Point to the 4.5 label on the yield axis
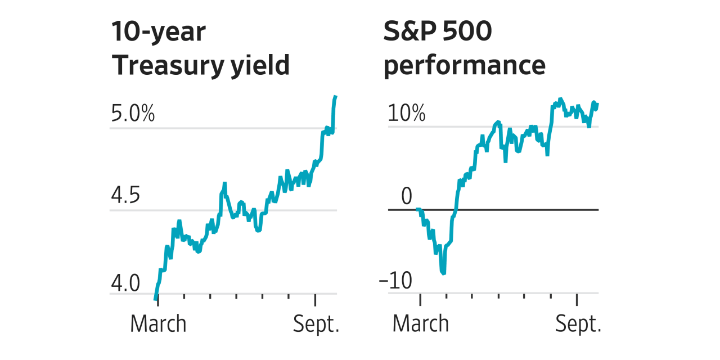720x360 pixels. [125, 195]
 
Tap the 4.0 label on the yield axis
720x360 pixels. [125, 283]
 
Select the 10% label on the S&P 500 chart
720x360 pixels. [407, 113]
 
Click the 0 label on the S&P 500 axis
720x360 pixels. [407, 196]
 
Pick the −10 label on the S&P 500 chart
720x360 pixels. [395, 280]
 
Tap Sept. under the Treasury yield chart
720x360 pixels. [316, 324]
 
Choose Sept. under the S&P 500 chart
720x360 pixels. [578, 324]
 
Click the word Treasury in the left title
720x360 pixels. [168, 66]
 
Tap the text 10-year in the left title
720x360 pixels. [159, 32]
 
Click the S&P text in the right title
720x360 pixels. [410, 31]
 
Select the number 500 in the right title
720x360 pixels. [467, 31]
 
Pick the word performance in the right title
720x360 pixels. [465, 66]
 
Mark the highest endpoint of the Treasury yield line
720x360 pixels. [336, 96]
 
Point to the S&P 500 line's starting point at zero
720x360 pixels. [417, 209]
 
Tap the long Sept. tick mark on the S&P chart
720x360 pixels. [577, 299]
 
